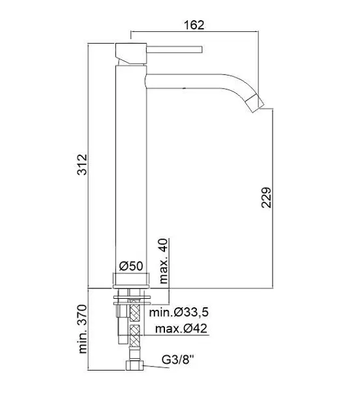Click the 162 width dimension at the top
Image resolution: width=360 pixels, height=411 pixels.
coord(194,25)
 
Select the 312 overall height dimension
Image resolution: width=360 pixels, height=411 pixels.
coord(82,164)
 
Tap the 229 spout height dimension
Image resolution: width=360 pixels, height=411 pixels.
coord(267,198)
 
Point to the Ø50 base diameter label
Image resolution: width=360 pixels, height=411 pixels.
coord(131,266)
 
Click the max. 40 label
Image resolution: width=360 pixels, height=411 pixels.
coord(163,261)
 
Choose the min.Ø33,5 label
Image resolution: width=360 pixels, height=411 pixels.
coord(179,312)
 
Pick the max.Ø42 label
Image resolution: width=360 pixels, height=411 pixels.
coord(181,328)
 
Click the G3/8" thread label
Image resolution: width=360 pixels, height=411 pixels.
coord(178,359)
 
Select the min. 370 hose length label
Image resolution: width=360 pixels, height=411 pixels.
coord(83,329)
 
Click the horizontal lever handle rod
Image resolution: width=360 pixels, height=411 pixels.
coord(174,50)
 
